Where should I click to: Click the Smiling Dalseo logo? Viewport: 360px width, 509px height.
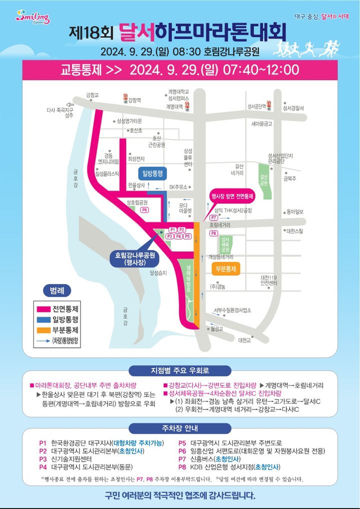tap(33, 17)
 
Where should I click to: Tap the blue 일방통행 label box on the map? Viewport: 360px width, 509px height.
tap(153, 173)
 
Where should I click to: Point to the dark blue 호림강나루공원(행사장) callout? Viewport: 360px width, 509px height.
tap(134, 258)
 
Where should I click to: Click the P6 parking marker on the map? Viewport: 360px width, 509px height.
tap(144, 210)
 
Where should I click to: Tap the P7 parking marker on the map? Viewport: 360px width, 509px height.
tap(213, 218)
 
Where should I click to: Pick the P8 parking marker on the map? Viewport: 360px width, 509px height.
tap(213, 233)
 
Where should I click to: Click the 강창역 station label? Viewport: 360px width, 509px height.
tap(132, 100)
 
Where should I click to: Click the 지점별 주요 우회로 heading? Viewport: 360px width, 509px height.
tap(180, 371)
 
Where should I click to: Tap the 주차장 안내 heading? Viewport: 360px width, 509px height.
tap(180, 428)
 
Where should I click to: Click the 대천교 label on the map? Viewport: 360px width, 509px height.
tap(244, 340)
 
